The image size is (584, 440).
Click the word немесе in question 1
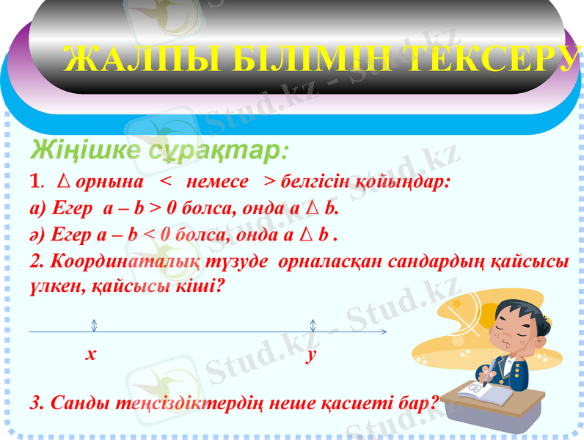coord(218,181)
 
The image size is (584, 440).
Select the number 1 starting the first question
coord(34,181)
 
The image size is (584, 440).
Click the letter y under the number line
coord(312,355)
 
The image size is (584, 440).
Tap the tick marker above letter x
coord(95,326)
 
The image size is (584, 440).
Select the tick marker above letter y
coord(313,326)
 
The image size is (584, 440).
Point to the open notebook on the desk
coord(484,396)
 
